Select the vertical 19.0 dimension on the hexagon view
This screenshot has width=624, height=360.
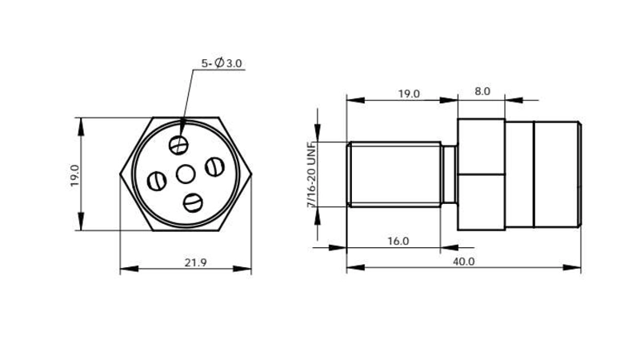(x=74, y=174)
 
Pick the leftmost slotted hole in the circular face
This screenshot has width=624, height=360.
(x=157, y=181)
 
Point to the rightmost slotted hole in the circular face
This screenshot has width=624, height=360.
(x=214, y=166)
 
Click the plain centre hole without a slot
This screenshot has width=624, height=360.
(x=186, y=173)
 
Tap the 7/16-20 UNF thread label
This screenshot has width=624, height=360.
(x=311, y=178)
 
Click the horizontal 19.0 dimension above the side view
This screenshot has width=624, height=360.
(x=408, y=94)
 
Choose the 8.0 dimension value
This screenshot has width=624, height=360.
(x=482, y=92)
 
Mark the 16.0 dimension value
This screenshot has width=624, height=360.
(x=398, y=241)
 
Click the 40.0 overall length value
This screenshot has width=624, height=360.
(x=463, y=262)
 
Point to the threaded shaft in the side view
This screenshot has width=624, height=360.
(x=394, y=174)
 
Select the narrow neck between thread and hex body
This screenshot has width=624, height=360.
(x=450, y=174)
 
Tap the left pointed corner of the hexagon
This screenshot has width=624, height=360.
(x=121, y=174)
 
